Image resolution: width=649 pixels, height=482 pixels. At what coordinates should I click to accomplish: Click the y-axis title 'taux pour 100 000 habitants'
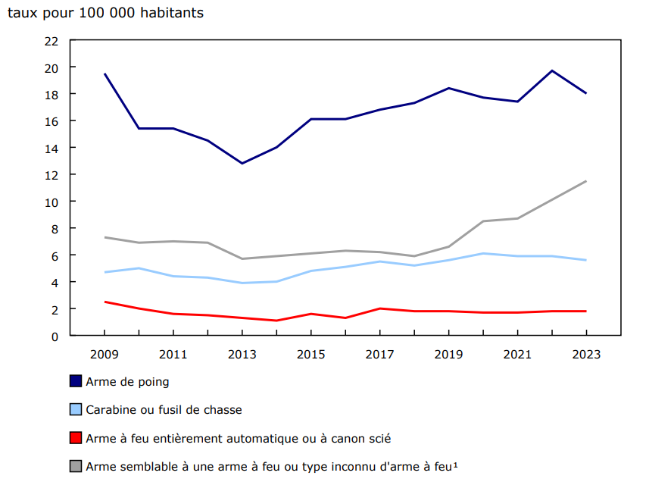pyautogui.click(x=105, y=14)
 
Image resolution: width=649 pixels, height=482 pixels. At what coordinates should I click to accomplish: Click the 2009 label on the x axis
pyautogui.click(x=105, y=354)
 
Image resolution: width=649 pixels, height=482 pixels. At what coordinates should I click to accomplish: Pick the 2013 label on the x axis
pyautogui.click(x=242, y=354)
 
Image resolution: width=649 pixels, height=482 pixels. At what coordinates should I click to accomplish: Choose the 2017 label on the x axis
pyautogui.click(x=379, y=354)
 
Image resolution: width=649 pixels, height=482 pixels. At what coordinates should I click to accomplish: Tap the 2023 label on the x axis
pyautogui.click(x=585, y=354)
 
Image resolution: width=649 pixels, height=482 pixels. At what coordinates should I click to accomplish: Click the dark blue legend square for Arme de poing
pyautogui.click(x=76, y=381)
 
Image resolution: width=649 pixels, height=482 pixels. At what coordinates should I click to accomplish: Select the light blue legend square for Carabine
pyautogui.click(x=76, y=409)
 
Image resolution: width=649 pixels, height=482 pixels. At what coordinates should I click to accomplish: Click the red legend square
pyautogui.click(x=76, y=437)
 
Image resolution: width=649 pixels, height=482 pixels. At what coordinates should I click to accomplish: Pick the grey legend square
pyautogui.click(x=76, y=465)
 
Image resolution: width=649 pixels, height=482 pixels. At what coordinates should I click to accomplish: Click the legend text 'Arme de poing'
pyautogui.click(x=127, y=382)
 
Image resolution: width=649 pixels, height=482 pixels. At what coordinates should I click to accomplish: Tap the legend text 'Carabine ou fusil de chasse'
pyautogui.click(x=164, y=410)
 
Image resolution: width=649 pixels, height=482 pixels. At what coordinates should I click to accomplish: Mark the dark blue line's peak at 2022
pyautogui.click(x=551, y=70)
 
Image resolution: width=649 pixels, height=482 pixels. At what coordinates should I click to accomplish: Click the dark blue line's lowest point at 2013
pyautogui.click(x=242, y=163)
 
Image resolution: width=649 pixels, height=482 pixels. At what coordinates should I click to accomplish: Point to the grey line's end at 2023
pyautogui.click(x=585, y=181)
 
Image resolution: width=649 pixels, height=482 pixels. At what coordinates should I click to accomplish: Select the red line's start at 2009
pyautogui.click(x=105, y=302)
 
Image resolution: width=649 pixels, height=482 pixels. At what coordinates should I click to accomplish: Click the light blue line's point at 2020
pyautogui.click(x=482, y=253)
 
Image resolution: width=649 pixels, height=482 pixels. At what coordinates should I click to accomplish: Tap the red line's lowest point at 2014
pyautogui.click(x=276, y=321)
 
